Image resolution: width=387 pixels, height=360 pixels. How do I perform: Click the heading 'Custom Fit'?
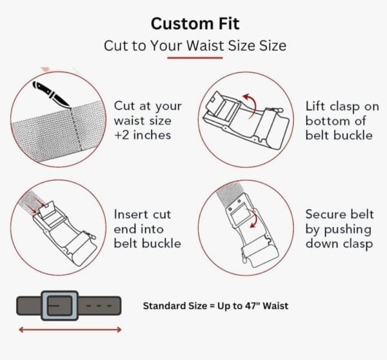[x=195, y=24]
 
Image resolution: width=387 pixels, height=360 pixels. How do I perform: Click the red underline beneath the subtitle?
[x=195, y=58]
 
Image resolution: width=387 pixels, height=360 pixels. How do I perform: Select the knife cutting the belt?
[x=52, y=94]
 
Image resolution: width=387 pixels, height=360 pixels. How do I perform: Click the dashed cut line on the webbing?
[x=77, y=129]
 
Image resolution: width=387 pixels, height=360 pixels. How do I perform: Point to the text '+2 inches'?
[x=143, y=135]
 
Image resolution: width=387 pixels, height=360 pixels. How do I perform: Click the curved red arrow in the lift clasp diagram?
[x=250, y=105]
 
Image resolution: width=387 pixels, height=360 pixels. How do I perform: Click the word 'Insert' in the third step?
[x=132, y=214]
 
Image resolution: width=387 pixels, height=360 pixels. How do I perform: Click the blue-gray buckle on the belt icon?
[x=60, y=306]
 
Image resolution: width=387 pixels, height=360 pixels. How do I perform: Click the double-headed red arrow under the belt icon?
[x=70, y=330]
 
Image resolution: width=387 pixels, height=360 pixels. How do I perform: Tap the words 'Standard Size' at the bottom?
[x=175, y=306]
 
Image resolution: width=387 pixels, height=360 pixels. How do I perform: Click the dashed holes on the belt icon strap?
[x=99, y=306]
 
